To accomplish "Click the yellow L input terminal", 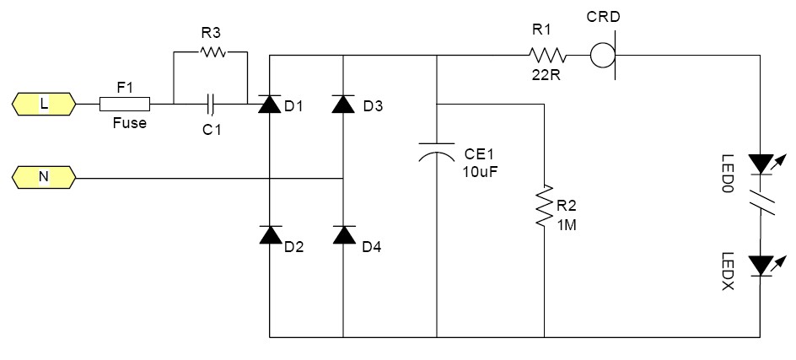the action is (x=44, y=104).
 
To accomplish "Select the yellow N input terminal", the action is (x=44, y=177).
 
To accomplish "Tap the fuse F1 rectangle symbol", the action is (x=125, y=104).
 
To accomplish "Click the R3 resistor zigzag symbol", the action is (x=213, y=51).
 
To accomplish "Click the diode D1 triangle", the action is (x=270, y=104).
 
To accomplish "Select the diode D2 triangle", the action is (x=270, y=234).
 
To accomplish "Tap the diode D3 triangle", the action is (x=344, y=104).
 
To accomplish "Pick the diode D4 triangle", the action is (x=344, y=234).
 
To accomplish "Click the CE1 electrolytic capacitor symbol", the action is (x=437, y=151).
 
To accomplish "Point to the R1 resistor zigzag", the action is (x=547, y=55).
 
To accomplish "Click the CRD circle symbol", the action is (x=603, y=55).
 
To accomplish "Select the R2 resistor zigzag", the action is (x=544, y=206).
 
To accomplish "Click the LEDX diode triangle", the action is (x=761, y=266).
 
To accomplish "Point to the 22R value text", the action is (x=546, y=74).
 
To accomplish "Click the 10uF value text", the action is (x=480, y=172).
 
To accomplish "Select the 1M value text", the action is (x=567, y=224).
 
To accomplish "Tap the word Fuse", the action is (x=130, y=123).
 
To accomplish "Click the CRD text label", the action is (x=603, y=17).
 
